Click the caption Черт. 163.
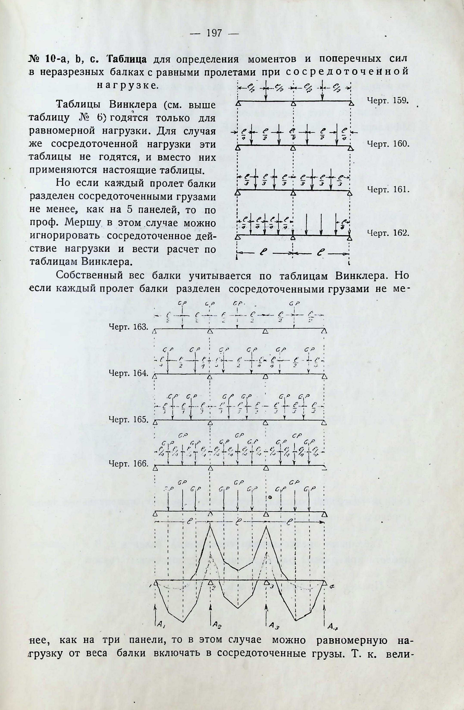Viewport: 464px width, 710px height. (128, 327)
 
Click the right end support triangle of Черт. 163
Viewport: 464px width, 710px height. (325, 331)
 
